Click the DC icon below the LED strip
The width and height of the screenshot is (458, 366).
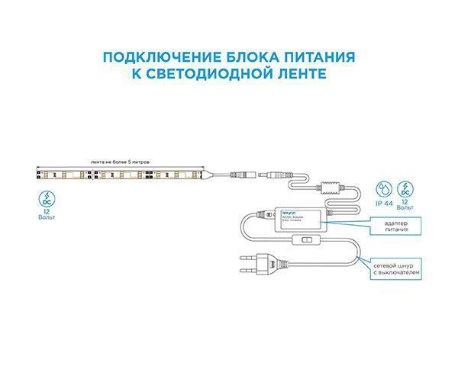click(47, 201)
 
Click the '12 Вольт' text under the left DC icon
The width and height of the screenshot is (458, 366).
click(47, 216)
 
